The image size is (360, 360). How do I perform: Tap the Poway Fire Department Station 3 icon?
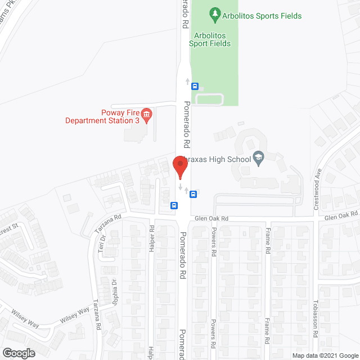click(x=146, y=115)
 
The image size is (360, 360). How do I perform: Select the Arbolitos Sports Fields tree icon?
click(x=214, y=12)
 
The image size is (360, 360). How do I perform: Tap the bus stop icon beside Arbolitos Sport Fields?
click(x=195, y=86)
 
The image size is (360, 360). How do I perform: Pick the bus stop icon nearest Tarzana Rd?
click(x=174, y=205)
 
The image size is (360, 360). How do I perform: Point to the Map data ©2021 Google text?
click(x=325, y=355)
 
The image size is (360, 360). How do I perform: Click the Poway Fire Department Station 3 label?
click(x=101, y=116)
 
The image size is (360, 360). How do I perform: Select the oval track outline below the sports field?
click(x=209, y=100)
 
